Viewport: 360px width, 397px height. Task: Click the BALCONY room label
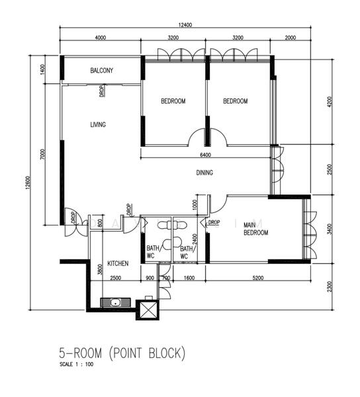coord(101,71)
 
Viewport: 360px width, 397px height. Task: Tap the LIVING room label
coord(98,124)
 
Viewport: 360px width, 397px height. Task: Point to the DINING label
coord(204,173)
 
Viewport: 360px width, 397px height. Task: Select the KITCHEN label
coord(117,263)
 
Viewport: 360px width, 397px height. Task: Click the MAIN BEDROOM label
coord(255,229)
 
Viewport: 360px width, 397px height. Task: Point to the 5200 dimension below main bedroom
coord(257,278)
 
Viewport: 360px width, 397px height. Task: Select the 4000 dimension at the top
coord(100,38)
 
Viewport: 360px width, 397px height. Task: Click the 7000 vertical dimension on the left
coord(42,155)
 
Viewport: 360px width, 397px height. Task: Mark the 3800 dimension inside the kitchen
coord(99,269)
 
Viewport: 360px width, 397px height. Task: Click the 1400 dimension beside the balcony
coord(42,69)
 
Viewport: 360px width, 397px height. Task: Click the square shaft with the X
coord(148,309)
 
